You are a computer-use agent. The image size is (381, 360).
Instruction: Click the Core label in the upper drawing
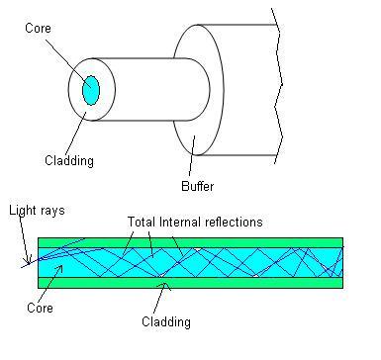38,28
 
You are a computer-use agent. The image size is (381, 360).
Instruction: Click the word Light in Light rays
21,212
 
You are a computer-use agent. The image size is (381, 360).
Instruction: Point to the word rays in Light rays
48,212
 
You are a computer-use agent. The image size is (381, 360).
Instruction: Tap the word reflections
238,223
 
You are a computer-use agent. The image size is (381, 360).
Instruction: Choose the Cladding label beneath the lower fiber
164,321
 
